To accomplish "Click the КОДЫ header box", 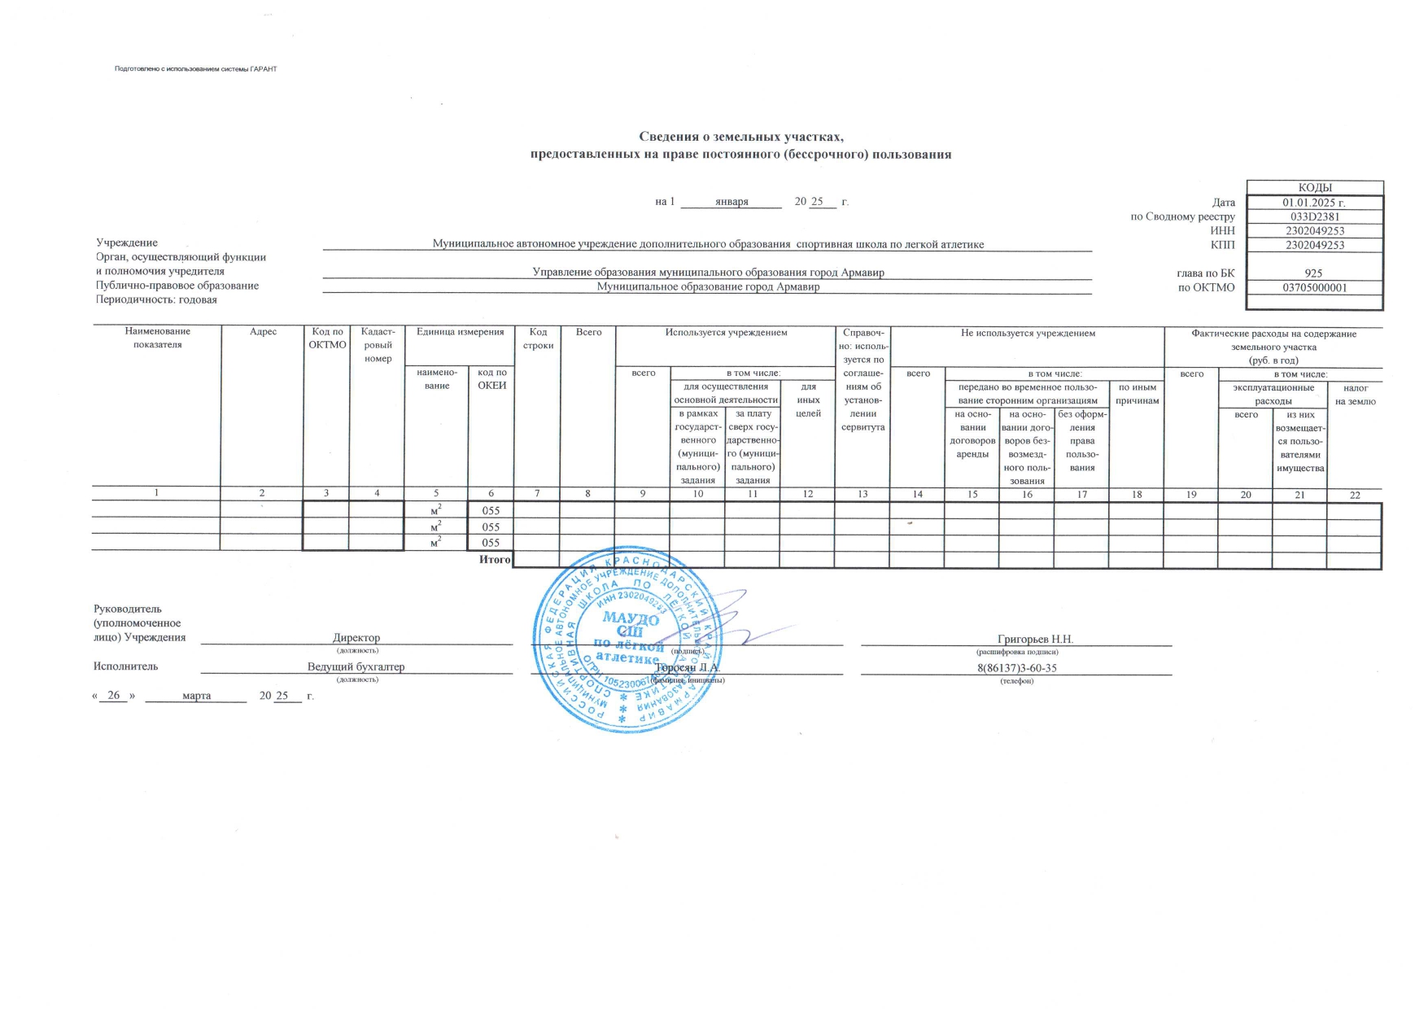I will pyautogui.click(x=1314, y=188).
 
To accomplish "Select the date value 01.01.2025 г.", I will pyautogui.click(x=1314, y=203).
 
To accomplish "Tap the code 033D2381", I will pyautogui.click(x=1314, y=216).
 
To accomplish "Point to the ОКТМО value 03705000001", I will pyautogui.click(x=1314, y=287).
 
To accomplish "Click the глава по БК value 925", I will pyautogui.click(x=1313, y=273).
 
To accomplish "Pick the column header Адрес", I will pyautogui.click(x=264, y=332).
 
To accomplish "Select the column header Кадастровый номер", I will pyautogui.click(x=378, y=345).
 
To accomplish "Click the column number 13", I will pyautogui.click(x=862, y=495).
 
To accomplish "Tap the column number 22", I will pyautogui.click(x=1355, y=496).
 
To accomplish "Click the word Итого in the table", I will pyautogui.click(x=495, y=560).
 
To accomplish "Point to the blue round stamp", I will pyautogui.click(x=626, y=640).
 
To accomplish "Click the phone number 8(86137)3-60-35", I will pyautogui.click(x=1017, y=668).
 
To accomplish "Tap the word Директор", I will pyautogui.click(x=356, y=638).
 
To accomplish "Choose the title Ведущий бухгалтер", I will pyautogui.click(x=356, y=667).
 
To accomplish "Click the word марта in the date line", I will pyautogui.click(x=197, y=696).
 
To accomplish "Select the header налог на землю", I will pyautogui.click(x=1355, y=395).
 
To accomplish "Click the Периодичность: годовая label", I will pyautogui.click(x=157, y=300).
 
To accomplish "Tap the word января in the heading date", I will pyautogui.click(x=731, y=202).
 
